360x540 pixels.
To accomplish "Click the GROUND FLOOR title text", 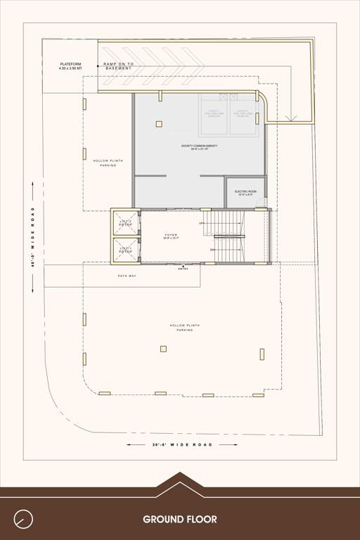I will coord(180,520).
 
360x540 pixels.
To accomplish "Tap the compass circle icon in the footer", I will coord(24,519).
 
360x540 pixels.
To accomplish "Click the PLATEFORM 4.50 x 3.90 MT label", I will coord(70,66).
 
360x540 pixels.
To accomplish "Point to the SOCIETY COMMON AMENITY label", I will coord(199,146).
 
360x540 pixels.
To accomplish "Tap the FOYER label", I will coord(172,236).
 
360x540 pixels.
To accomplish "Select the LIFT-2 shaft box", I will coord(126,222).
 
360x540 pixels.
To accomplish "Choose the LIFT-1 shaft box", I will coord(126,250).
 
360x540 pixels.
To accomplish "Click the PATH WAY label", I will coord(127,276).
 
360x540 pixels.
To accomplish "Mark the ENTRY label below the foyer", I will coord(184,269).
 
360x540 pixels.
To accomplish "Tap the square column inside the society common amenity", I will coord(159,124).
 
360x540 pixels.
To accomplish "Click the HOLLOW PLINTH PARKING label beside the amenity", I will coord(108,163).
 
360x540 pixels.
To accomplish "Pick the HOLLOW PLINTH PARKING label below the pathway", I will coord(184,328).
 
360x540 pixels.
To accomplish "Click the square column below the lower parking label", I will coord(163,348).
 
